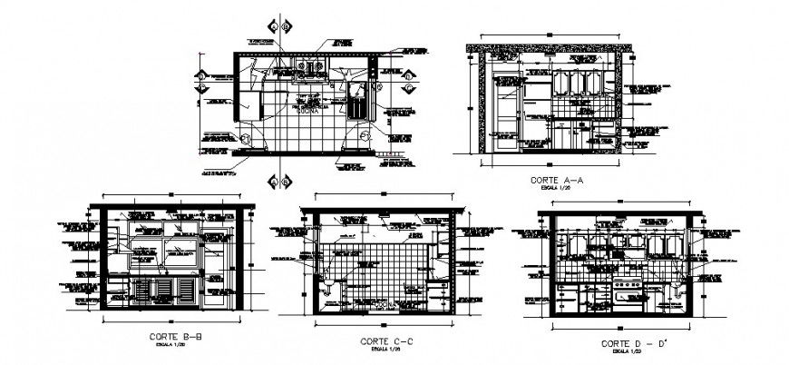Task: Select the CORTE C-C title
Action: pos(387,340)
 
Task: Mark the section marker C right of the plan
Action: pos(411,89)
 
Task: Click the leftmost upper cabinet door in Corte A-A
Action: pos(562,82)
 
